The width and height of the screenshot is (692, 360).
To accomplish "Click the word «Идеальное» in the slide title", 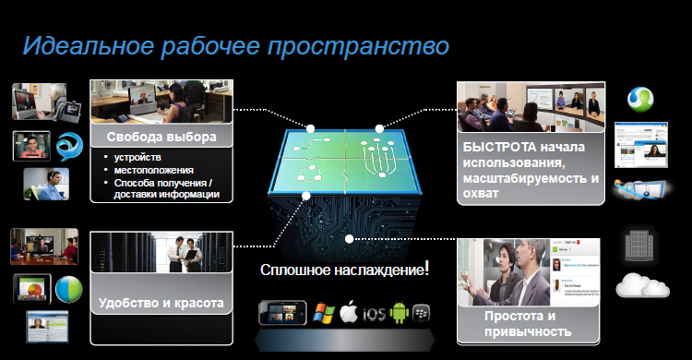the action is coord(89,45).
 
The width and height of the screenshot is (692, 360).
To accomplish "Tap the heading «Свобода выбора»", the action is coord(161,137).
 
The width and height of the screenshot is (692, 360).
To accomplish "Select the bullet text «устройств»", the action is coord(137,157).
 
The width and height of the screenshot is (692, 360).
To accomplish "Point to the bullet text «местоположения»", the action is coord(153,170).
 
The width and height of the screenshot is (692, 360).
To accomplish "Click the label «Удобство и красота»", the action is coord(161,303).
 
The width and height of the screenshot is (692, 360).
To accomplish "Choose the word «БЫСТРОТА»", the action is coord(499,147).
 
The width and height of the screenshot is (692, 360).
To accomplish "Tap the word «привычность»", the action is coord(528,331).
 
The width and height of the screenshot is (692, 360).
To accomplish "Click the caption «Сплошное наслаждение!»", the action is coord(344,269).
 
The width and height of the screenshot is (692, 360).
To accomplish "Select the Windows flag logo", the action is coord(324,314).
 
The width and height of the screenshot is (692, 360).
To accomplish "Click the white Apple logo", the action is coord(349,313).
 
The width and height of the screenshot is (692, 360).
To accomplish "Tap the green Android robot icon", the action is coord(400,313).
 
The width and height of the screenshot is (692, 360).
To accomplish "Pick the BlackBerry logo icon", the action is coord(421,313).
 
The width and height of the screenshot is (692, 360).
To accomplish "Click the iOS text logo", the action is coord(374,314).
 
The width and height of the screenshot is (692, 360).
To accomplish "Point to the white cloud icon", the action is coord(642,285).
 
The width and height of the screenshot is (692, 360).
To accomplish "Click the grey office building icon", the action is coord(639,246).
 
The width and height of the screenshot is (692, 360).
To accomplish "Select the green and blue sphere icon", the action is coord(69,289).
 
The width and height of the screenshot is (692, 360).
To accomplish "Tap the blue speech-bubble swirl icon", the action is coord(69,147).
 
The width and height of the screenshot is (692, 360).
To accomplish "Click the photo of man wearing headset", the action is coord(46,185).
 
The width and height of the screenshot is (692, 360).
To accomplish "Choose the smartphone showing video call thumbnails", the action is coord(282,313).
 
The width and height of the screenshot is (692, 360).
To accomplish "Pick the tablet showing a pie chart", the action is coord(31,289).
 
